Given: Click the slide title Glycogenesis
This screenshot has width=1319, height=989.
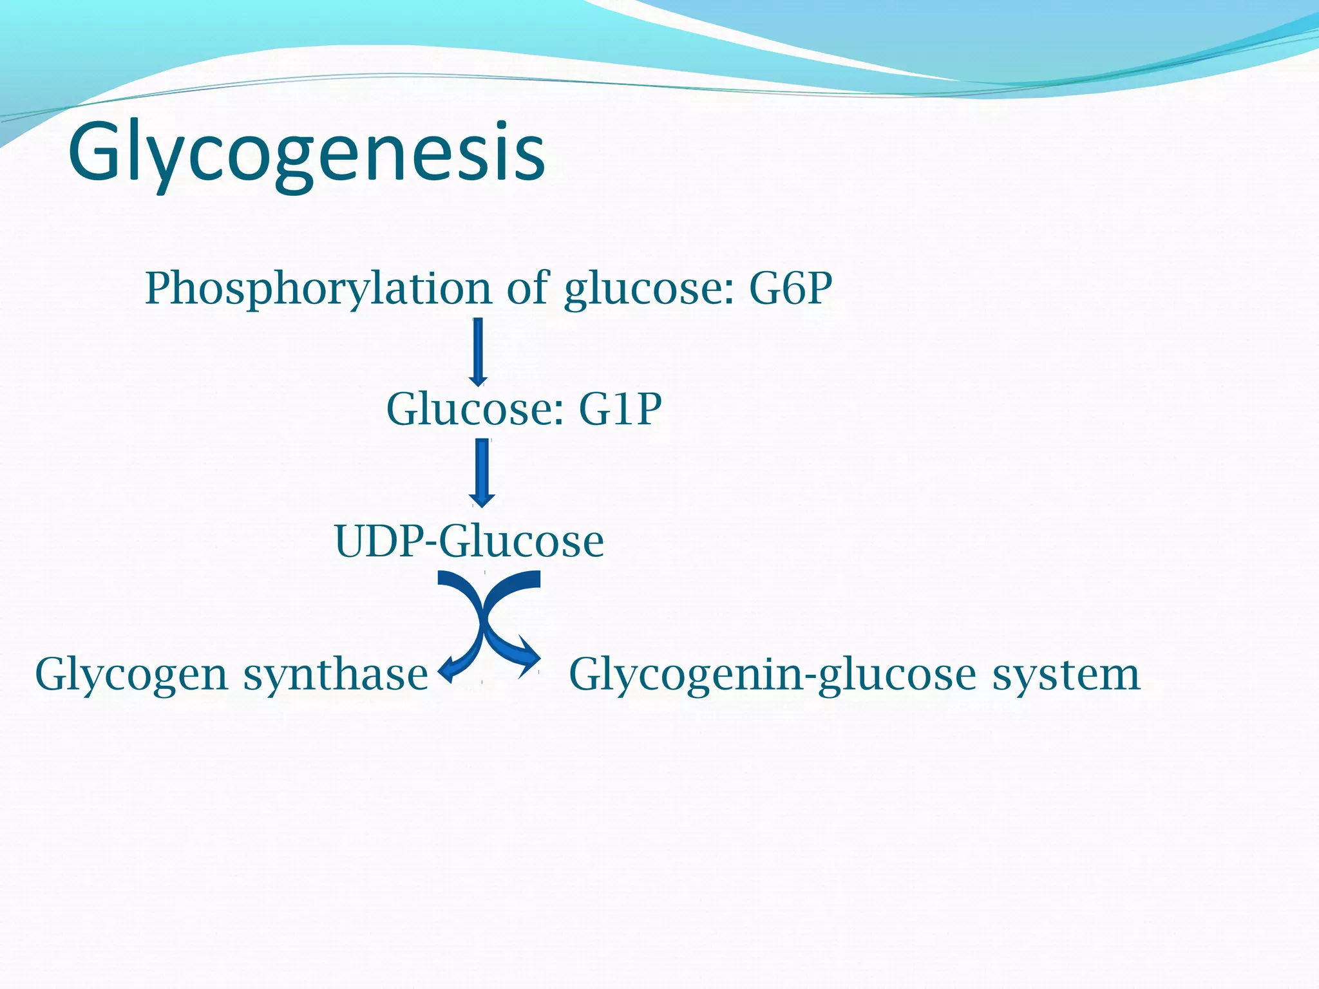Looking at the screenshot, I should pos(307,153).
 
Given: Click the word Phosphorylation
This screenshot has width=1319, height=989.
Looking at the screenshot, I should pos(318,289).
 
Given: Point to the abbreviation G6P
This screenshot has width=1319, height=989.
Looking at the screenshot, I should pos(790,288).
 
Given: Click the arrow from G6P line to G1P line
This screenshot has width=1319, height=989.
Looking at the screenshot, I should pos(478,351).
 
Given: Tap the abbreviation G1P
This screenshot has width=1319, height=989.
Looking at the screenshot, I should pos(620,409).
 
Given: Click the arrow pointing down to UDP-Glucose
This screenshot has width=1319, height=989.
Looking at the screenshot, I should pos(482,472).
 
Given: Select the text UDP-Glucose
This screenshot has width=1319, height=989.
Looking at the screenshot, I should pos(469,541).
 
